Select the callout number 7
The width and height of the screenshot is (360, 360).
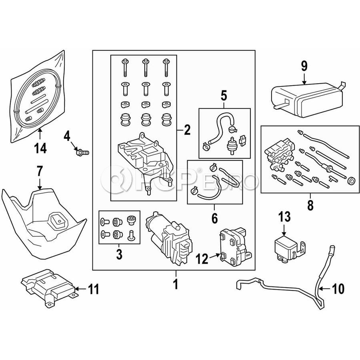tap(39, 172)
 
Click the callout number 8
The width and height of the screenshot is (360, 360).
tap(310, 206)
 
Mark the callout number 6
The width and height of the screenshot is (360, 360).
tap(214, 218)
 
